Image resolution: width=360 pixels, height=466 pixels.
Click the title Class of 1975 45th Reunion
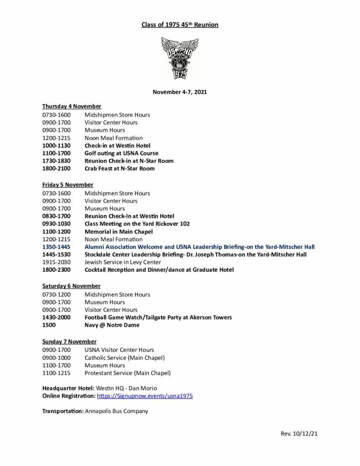tap(180, 25)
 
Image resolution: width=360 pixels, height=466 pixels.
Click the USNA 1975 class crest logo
tap(180, 58)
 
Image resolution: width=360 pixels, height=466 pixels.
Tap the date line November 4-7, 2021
tap(180, 92)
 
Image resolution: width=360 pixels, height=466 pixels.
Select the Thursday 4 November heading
tap(71, 106)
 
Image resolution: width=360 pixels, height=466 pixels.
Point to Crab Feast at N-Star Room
tap(119, 168)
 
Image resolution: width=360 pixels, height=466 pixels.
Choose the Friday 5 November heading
tap(67, 185)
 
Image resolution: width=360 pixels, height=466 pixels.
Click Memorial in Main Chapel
tap(118, 232)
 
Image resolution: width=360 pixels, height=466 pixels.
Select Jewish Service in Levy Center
tap(122, 262)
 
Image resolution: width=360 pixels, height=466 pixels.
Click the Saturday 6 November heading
tap(71, 286)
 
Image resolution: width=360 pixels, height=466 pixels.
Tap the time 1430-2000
tap(56, 317)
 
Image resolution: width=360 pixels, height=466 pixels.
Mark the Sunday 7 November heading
tap(69, 341)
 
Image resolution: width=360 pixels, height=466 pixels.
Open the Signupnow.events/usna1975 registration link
tap(145, 396)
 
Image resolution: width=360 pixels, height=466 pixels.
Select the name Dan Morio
tap(146, 388)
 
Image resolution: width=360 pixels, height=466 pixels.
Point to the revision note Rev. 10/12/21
tap(299, 434)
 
